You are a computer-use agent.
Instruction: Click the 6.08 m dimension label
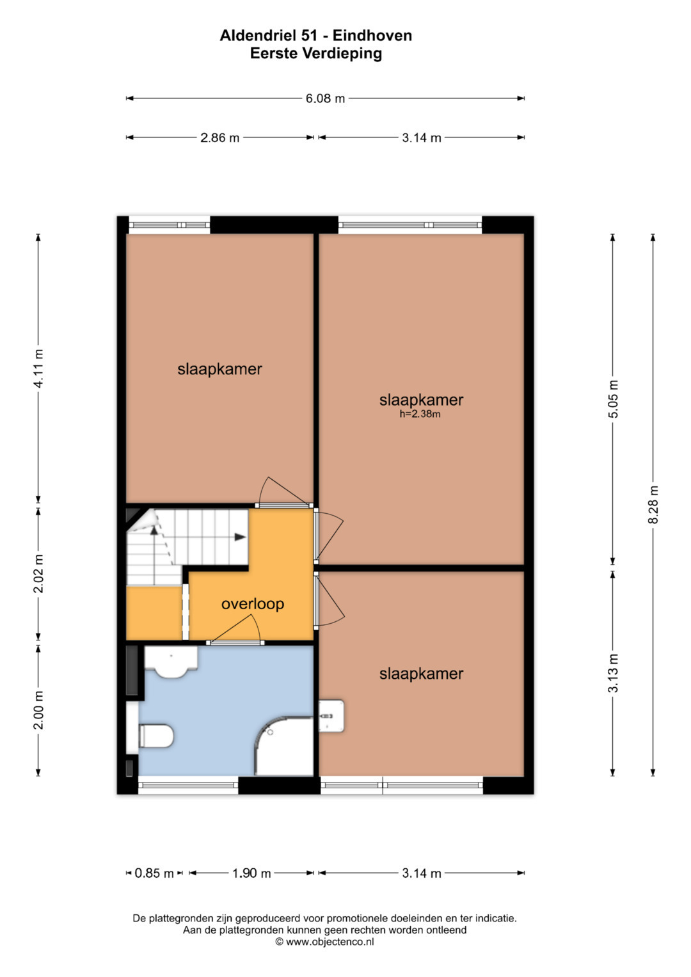325,99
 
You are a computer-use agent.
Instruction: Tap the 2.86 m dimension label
220,138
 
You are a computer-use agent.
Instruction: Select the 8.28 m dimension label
653,505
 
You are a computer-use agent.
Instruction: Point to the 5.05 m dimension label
613,399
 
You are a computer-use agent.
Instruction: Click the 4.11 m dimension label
38,369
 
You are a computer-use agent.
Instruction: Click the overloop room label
253,603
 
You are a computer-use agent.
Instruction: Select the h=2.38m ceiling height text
420,414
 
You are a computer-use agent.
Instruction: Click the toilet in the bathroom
155,736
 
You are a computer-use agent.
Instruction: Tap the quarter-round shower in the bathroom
284,746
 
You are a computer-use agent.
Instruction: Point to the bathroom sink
171,662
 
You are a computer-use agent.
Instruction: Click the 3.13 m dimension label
613,673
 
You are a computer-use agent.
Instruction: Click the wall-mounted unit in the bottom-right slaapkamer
331,716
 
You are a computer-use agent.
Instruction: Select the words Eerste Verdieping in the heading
316,54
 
